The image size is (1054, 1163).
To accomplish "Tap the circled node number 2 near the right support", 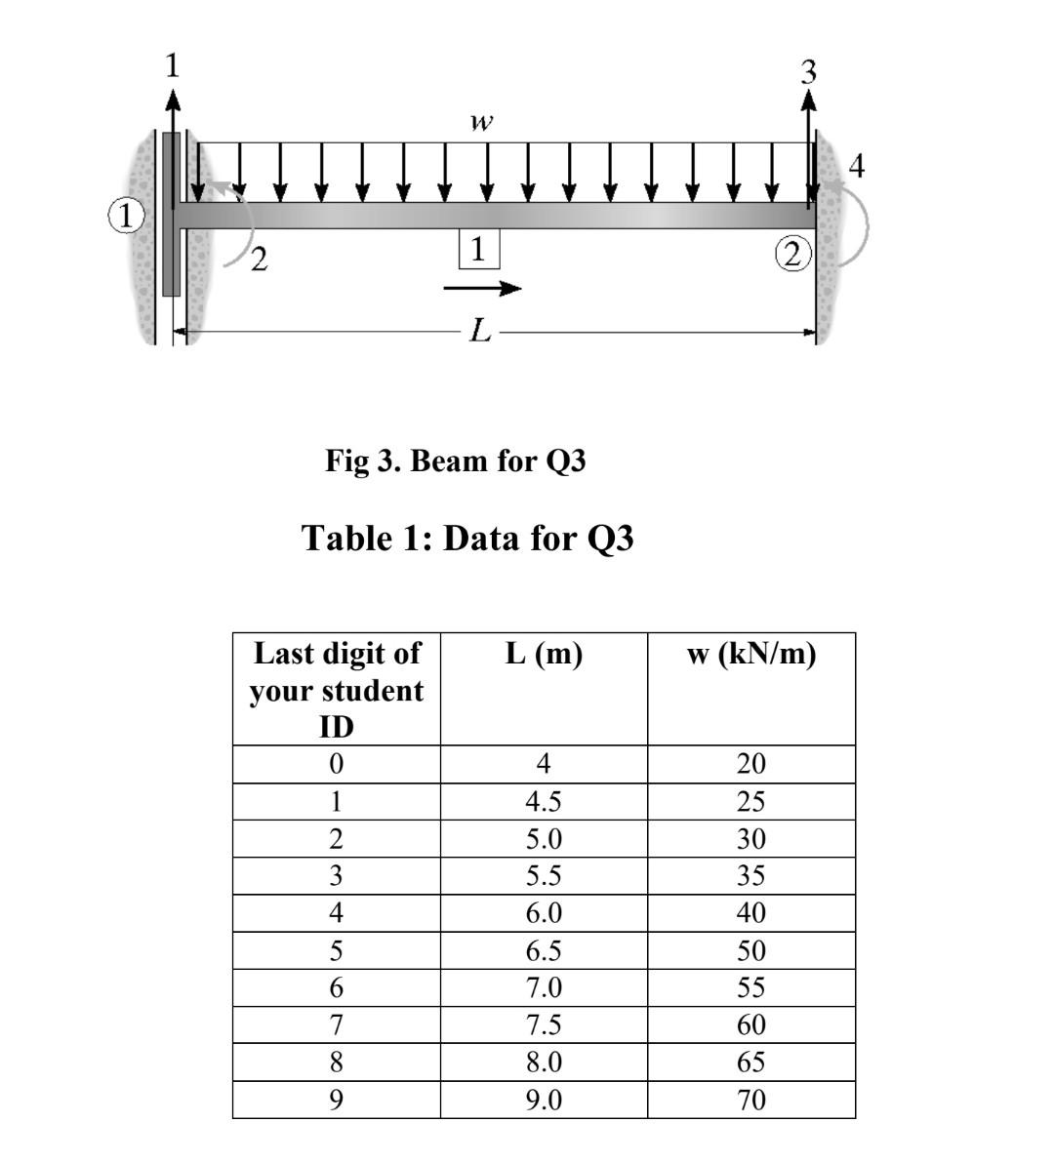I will click(x=793, y=254).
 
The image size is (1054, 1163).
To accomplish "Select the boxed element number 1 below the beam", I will click(x=478, y=250).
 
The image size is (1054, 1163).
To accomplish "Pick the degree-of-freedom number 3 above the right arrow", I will click(x=807, y=71).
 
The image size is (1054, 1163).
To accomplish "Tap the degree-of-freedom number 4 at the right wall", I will click(x=857, y=167).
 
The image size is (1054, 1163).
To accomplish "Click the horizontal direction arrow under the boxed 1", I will click(x=482, y=288).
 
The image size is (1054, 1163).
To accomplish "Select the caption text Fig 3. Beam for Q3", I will click(x=456, y=460).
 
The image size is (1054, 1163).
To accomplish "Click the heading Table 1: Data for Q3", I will click(x=468, y=537).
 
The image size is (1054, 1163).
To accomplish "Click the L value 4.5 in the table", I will click(x=544, y=801).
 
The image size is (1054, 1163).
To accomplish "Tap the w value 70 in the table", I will click(x=750, y=1100).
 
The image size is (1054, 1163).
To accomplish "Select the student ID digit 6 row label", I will click(x=336, y=987).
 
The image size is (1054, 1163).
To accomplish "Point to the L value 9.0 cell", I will click(x=544, y=1100).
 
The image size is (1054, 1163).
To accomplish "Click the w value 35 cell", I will click(x=750, y=875).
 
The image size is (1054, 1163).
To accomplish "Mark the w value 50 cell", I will click(x=750, y=950).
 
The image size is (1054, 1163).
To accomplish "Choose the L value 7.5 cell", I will click(x=544, y=1024).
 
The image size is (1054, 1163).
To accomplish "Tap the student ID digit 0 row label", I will click(x=336, y=763).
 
